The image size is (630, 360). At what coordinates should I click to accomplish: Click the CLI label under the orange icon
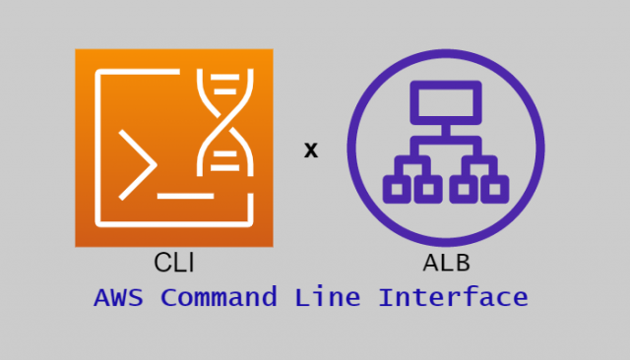173,263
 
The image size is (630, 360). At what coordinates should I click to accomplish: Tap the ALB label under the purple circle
445,263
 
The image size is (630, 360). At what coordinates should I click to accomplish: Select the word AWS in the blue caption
120,297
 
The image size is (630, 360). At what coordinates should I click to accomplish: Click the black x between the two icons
311,150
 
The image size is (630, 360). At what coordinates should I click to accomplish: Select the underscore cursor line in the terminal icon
185,196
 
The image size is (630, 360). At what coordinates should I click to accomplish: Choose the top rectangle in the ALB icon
445,98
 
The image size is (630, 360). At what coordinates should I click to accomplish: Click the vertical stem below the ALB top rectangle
445,128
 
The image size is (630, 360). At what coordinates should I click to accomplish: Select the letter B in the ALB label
461,263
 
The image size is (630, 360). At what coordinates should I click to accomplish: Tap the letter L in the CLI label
176,263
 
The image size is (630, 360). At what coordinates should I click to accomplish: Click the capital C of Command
170,297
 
